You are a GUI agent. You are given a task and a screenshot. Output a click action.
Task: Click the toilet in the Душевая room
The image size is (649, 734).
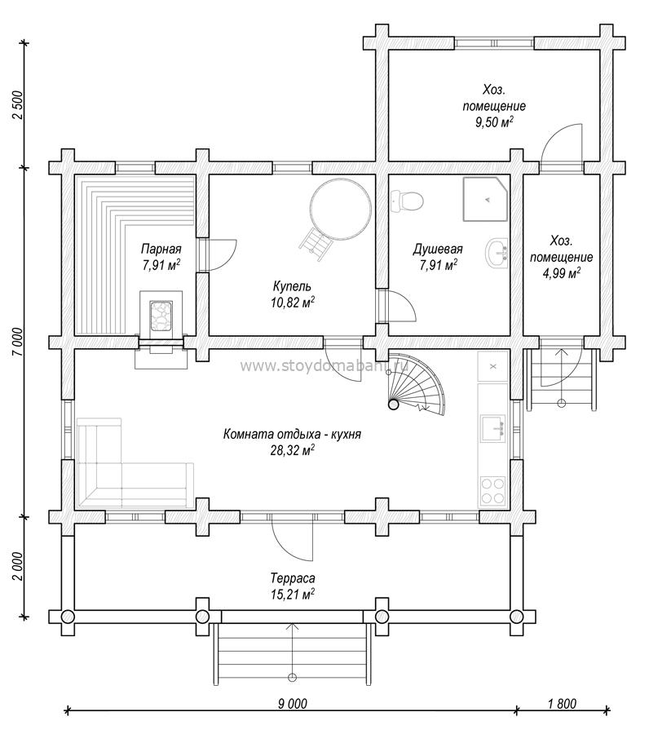tap(406, 201)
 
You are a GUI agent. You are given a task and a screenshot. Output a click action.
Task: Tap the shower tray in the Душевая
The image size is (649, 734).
tap(486, 199)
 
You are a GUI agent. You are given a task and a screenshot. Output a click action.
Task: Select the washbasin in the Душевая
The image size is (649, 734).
tap(496, 254)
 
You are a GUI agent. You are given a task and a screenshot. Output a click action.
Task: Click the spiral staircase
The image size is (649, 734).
tap(416, 385)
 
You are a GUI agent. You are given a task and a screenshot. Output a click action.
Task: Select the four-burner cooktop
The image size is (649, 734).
tap(492, 490)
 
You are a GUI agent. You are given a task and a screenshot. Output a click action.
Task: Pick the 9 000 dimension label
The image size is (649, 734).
tap(293, 704)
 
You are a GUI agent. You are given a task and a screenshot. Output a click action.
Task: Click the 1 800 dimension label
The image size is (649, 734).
tap(562, 704)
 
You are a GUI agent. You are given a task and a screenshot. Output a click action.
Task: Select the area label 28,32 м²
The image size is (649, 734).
tap(293, 450)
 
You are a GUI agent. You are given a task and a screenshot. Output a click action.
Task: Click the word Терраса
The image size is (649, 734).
tap(293, 578)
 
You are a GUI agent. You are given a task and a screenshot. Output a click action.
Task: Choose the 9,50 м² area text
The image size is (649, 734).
tap(494, 122)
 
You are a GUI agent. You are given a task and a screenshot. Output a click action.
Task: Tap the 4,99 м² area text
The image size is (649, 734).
tap(562, 272)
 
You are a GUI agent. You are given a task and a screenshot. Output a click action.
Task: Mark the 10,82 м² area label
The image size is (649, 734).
tap(293, 303)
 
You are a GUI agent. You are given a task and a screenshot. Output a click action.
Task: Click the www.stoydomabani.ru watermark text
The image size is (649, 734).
tap(324, 365)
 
